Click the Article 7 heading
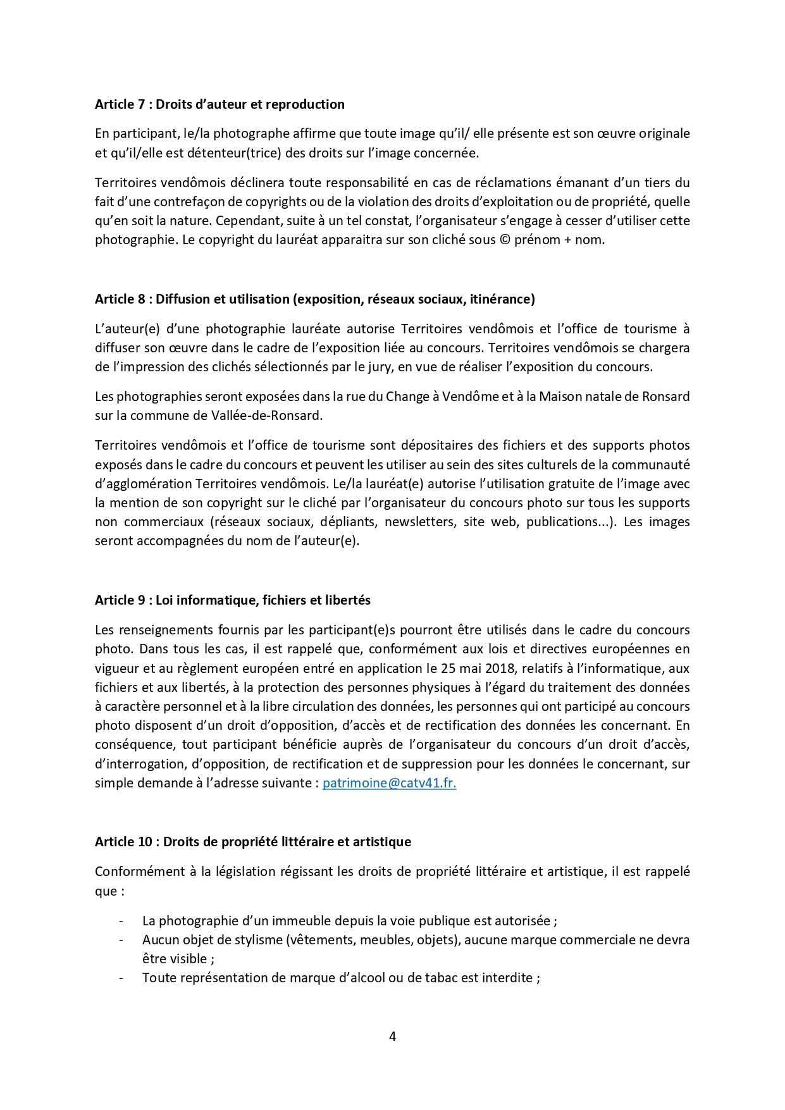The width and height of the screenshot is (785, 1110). (219, 104)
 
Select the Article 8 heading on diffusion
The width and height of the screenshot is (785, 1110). (314, 299)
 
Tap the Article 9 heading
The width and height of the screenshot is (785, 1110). (232, 600)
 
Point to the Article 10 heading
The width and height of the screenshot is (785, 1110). (252, 842)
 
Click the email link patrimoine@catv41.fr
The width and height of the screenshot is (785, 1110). (389, 783)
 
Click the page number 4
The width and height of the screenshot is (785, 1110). (392, 1037)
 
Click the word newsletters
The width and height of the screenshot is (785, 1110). (419, 522)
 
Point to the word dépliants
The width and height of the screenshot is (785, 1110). (347, 522)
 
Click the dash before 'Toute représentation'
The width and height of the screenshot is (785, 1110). (121, 978)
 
